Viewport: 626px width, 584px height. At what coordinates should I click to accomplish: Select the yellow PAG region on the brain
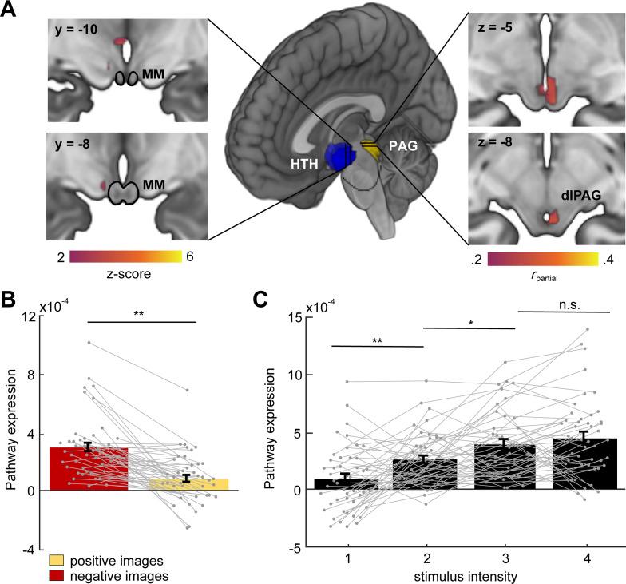369,148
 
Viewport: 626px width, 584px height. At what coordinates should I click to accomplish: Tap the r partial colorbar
542,259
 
